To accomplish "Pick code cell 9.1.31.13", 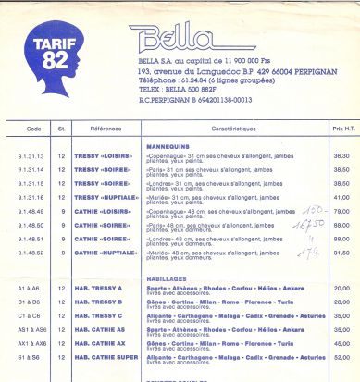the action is coord(31,157).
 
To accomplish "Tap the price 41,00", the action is coord(341,198).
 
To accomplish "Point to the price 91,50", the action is coord(341,253).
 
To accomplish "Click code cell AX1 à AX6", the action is coord(31,342).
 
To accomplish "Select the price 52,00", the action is coord(341,356).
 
